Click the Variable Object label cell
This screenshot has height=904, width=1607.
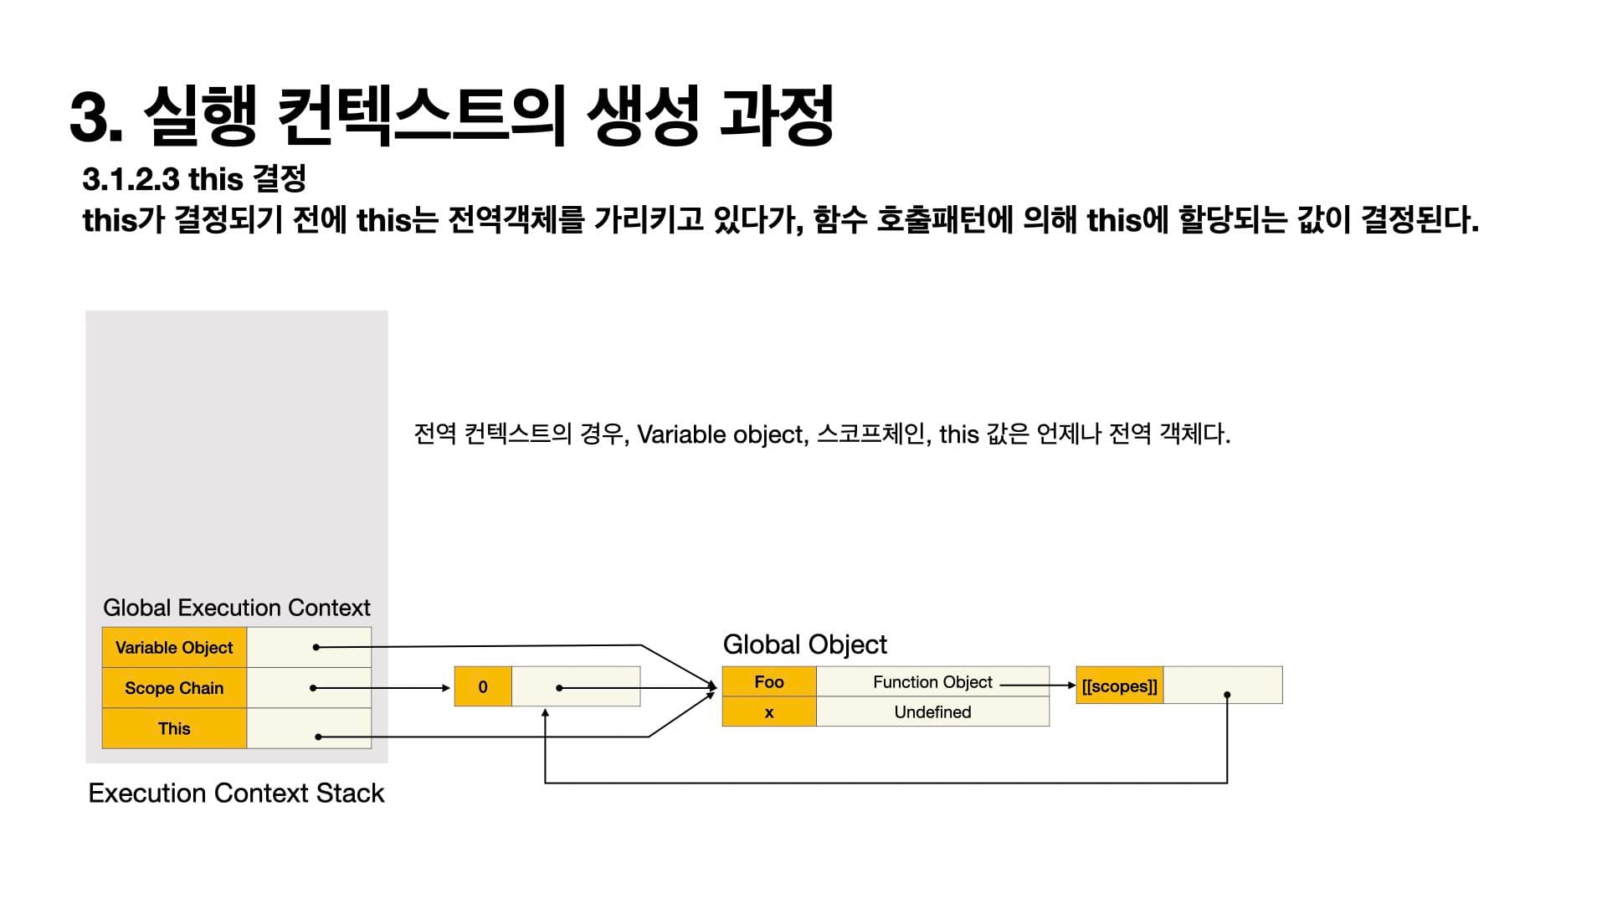pyautogui.click(x=174, y=647)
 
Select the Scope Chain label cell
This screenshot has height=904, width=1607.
pyautogui.click(x=174, y=688)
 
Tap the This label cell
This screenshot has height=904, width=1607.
pyautogui.click(x=174, y=728)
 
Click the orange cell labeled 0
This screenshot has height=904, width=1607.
pyautogui.click(x=483, y=686)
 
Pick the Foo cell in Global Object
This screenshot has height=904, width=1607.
pyautogui.click(x=768, y=681)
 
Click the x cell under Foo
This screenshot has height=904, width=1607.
pyautogui.click(x=768, y=712)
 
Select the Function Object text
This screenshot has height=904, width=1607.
pyautogui.click(x=932, y=682)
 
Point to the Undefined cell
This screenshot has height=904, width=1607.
pyautogui.click(x=932, y=712)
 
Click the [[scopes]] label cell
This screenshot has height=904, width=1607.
pyautogui.click(x=1119, y=686)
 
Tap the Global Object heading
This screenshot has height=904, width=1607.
pyautogui.click(x=804, y=645)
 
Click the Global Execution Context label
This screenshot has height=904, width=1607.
pyautogui.click(x=236, y=608)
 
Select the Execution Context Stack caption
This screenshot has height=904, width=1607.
pyautogui.click(x=236, y=793)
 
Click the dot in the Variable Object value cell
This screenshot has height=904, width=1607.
pyautogui.click(x=316, y=647)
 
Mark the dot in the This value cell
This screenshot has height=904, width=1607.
pyautogui.click(x=318, y=737)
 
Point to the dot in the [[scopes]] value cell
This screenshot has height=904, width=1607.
pyautogui.click(x=1227, y=695)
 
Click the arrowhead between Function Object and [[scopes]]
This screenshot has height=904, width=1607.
pyautogui.click(x=1071, y=686)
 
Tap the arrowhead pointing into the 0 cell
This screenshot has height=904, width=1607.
pyautogui.click(x=447, y=688)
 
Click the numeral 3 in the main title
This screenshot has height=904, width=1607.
pyautogui.click(x=90, y=117)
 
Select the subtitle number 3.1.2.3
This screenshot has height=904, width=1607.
pyautogui.click(x=131, y=179)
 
